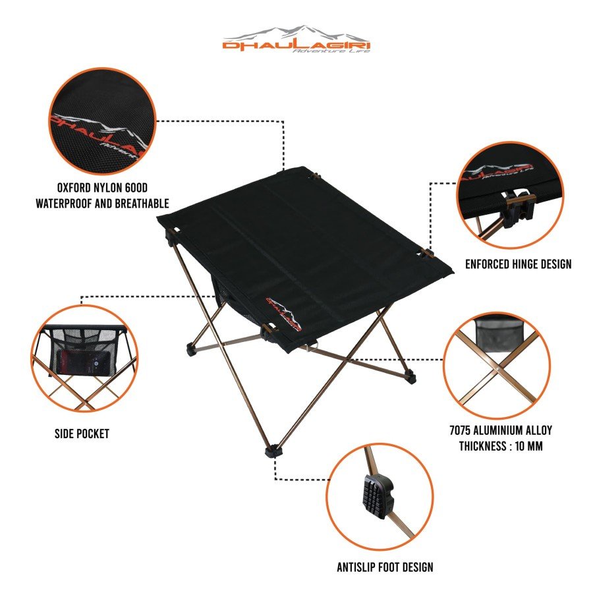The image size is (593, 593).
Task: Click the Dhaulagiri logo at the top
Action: pyautogui.click(x=296, y=40)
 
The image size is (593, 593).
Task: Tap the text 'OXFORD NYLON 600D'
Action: pyautogui.click(x=101, y=187)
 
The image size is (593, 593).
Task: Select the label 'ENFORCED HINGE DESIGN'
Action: pyautogui.click(x=518, y=264)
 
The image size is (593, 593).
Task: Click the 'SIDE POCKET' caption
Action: pyautogui.click(x=82, y=434)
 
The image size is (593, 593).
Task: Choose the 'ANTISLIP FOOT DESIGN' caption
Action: pyautogui.click(x=384, y=567)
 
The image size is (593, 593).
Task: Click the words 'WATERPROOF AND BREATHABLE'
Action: pyautogui.click(x=102, y=203)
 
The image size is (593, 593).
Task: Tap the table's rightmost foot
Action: pyautogui.click(x=411, y=377)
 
